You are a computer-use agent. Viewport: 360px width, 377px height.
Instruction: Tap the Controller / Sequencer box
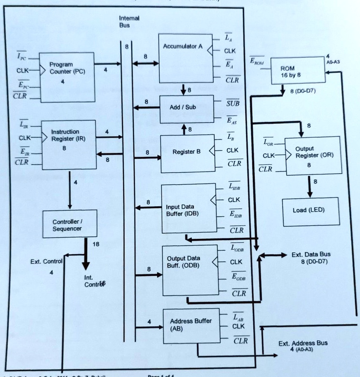(x=67, y=225)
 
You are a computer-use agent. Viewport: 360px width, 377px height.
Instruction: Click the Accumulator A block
(x=186, y=58)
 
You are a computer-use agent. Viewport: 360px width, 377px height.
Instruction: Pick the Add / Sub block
(x=186, y=108)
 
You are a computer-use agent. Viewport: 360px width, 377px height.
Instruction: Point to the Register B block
(x=188, y=154)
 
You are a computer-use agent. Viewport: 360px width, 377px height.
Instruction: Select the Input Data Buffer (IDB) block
(x=188, y=208)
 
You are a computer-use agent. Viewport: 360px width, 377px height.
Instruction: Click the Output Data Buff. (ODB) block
(x=190, y=270)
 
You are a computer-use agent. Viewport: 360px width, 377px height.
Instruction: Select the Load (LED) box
(x=311, y=211)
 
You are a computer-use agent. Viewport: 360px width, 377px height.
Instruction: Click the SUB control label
(x=233, y=103)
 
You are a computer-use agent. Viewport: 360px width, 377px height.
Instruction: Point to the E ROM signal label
(x=257, y=61)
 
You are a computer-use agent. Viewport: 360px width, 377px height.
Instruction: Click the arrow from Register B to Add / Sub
(x=184, y=129)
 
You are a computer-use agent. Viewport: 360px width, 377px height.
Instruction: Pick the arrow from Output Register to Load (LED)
(x=310, y=187)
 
